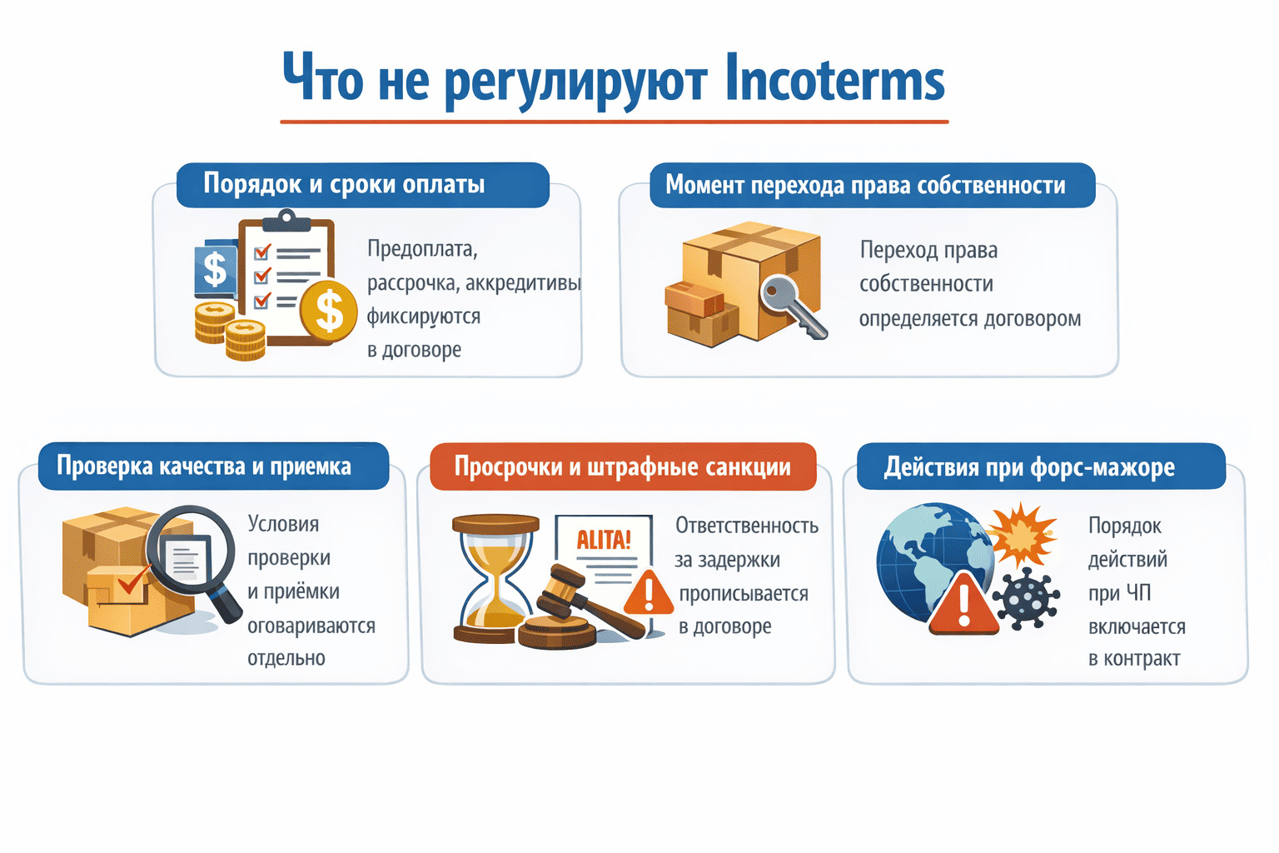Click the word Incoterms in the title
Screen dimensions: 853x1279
(x=834, y=79)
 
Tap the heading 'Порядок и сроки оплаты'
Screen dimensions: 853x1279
(x=344, y=184)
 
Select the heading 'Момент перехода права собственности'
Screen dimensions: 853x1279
(x=865, y=185)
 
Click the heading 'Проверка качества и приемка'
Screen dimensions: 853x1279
(x=204, y=466)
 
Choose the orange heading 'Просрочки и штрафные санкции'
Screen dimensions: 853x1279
(x=622, y=466)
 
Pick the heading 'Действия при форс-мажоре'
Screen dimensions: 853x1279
(x=1029, y=467)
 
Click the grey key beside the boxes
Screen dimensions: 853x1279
(x=791, y=305)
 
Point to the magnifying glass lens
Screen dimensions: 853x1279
(x=189, y=551)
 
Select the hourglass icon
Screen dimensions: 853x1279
(x=493, y=579)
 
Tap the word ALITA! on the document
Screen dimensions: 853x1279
(x=604, y=540)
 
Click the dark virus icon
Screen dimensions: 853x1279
(x=1028, y=597)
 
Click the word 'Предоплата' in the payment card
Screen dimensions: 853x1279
(x=422, y=249)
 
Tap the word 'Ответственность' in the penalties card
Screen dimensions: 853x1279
(x=747, y=526)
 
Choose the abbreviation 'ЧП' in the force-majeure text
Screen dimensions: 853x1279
(x=1138, y=593)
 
